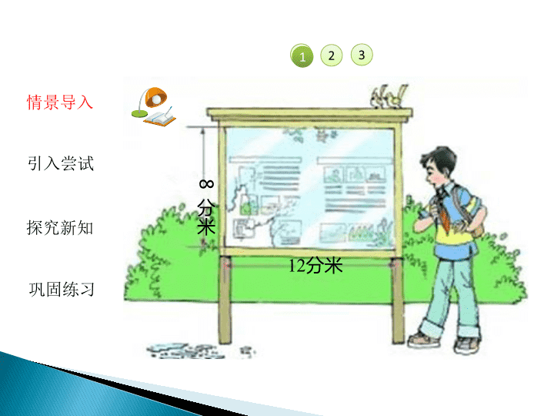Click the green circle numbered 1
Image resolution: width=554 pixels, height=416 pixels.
tap(302, 55)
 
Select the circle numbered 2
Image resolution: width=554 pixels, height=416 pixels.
tap(331, 55)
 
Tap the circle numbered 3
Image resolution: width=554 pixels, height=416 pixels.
tap(362, 55)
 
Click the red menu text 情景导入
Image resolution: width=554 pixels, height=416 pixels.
tap(60, 102)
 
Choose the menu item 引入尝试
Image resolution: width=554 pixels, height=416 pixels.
tap(61, 163)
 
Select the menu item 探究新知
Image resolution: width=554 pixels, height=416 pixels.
tap(60, 227)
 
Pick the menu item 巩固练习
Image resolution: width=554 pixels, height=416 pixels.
tap(62, 289)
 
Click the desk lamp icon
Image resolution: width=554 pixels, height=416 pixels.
tap(149, 102)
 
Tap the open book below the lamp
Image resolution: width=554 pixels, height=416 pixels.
tap(160, 118)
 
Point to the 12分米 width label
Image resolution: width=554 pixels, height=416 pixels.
tap(315, 265)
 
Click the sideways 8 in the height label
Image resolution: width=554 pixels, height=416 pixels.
tap(206, 184)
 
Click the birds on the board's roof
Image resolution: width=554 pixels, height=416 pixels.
tap(389, 96)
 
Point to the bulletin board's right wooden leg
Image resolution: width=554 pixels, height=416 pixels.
tap(398, 300)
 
